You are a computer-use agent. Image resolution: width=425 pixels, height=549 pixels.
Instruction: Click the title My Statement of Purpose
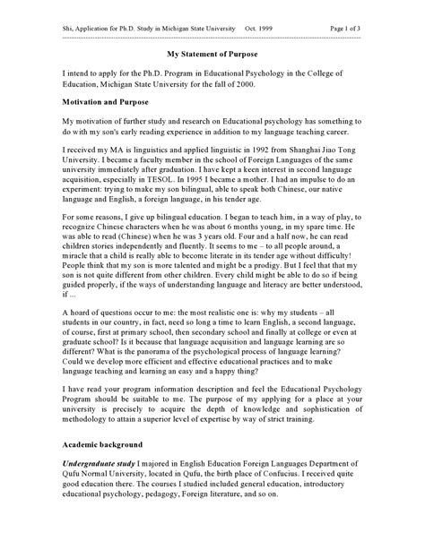[212, 53]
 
